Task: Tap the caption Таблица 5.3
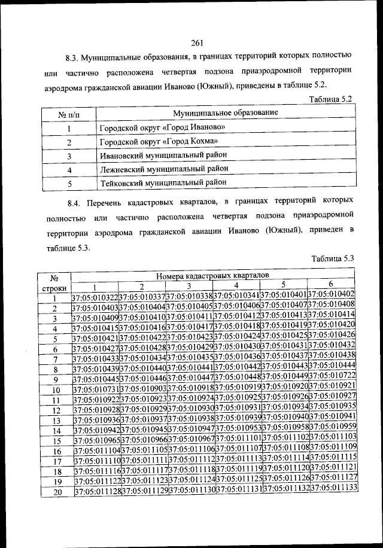[333, 258]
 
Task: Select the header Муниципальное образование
[225, 112]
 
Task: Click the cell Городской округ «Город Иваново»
[163, 127]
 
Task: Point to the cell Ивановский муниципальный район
[163, 156]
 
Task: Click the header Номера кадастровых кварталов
[212, 275]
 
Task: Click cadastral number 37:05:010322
[95, 297]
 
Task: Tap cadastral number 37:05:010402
[332, 294]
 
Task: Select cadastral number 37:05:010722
[332, 375]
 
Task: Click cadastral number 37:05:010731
[96, 389]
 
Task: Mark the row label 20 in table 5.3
[57, 492]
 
